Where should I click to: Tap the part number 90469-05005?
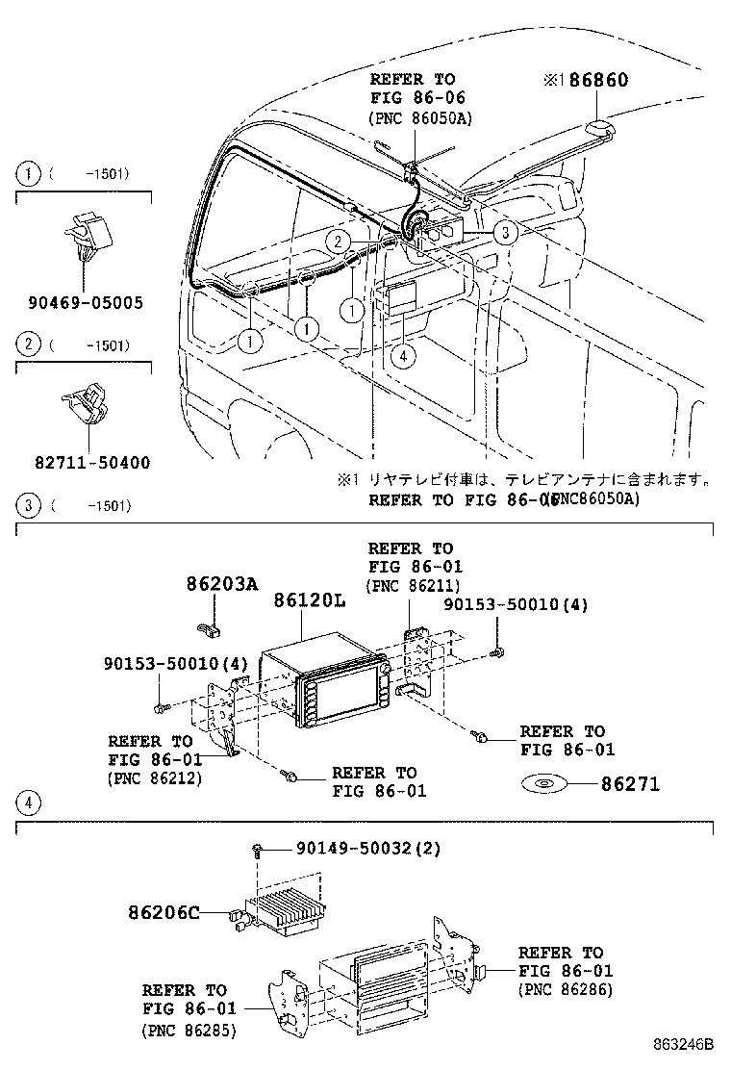point(86,302)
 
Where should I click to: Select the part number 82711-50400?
point(86,463)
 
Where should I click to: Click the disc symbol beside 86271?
point(544,784)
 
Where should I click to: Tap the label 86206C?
point(163,911)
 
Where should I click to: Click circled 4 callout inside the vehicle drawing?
point(404,354)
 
